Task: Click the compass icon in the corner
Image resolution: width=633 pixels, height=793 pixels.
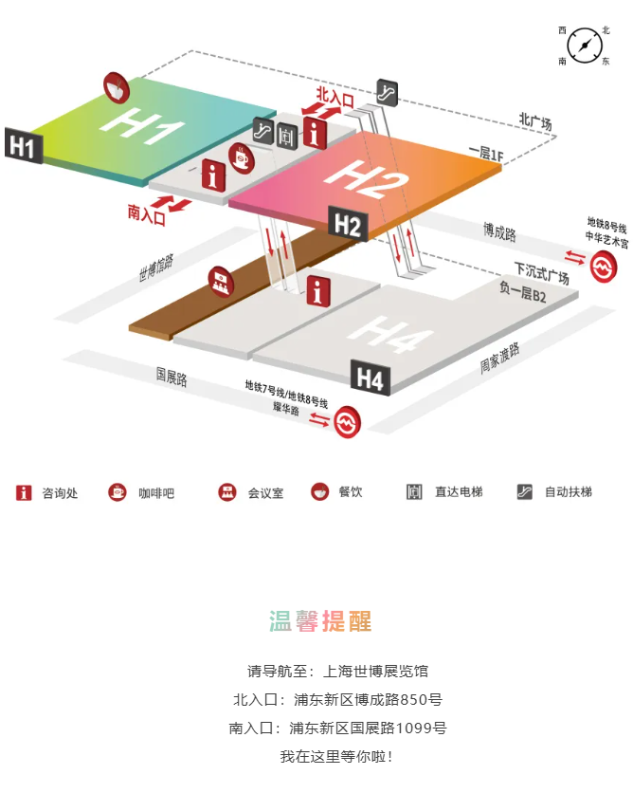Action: click(585, 46)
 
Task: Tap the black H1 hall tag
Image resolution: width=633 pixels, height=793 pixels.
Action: click(24, 146)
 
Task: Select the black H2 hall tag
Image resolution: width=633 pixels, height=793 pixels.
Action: click(348, 224)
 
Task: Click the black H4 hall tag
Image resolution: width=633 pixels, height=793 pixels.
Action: click(371, 378)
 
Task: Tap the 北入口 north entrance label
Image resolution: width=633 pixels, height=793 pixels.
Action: click(335, 96)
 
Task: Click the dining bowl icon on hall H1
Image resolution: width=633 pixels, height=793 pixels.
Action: click(117, 88)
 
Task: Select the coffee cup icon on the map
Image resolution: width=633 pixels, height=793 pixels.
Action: click(242, 158)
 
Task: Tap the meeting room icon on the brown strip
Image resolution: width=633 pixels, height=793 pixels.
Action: click(221, 281)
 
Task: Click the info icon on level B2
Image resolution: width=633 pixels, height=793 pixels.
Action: click(318, 291)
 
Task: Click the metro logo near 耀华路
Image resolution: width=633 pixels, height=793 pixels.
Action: click(347, 421)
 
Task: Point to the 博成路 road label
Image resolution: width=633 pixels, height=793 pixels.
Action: click(499, 232)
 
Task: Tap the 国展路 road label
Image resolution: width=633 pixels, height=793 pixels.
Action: click(172, 377)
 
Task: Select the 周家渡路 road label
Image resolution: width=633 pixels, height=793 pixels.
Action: click(499, 358)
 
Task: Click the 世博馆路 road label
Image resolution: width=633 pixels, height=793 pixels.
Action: click(156, 267)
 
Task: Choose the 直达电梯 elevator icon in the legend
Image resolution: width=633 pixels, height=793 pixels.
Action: click(414, 491)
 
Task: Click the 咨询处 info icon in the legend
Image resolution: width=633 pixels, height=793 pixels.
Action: click(24, 492)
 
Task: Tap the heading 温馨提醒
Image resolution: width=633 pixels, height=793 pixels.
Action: click(320, 621)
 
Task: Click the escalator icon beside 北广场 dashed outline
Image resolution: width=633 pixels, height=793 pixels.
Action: click(388, 93)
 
